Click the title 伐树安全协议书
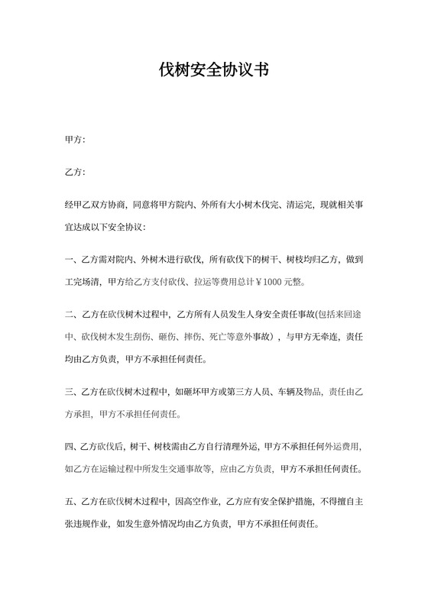pos(213,71)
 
